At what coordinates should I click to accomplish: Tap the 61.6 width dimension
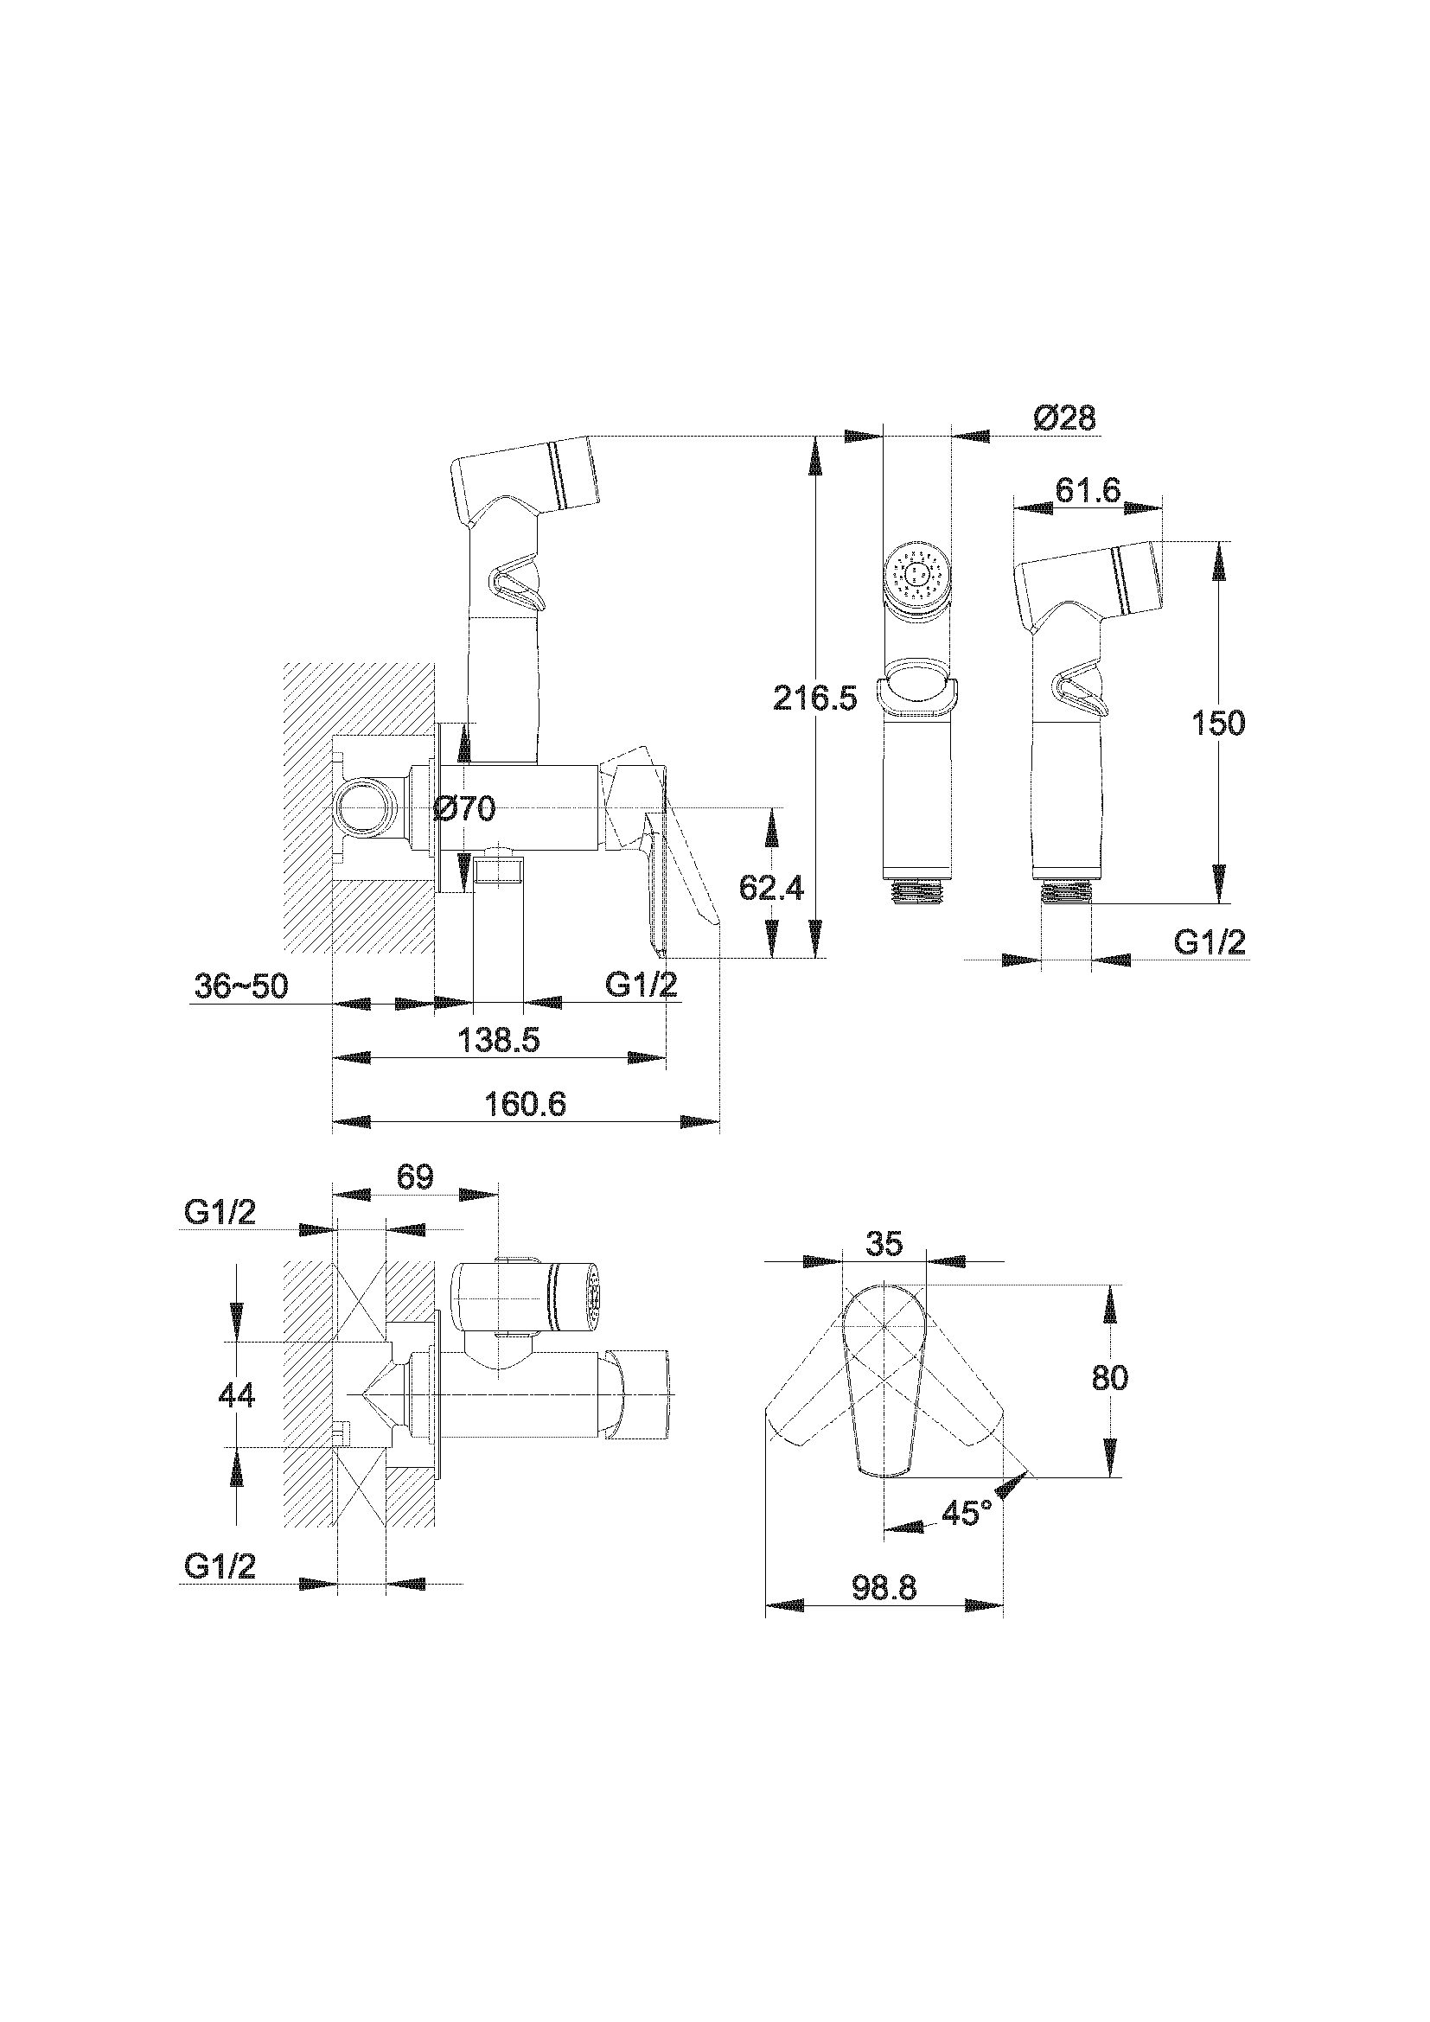pos(1088,491)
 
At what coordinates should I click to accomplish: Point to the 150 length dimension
pos(1219,723)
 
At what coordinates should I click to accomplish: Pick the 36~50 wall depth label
pos(241,985)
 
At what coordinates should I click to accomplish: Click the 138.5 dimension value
pos(499,1041)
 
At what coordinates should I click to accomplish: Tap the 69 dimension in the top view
pos(415,1177)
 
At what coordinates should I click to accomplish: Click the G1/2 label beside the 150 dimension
pos(1210,942)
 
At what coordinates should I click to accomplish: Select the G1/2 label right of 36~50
pos(641,984)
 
